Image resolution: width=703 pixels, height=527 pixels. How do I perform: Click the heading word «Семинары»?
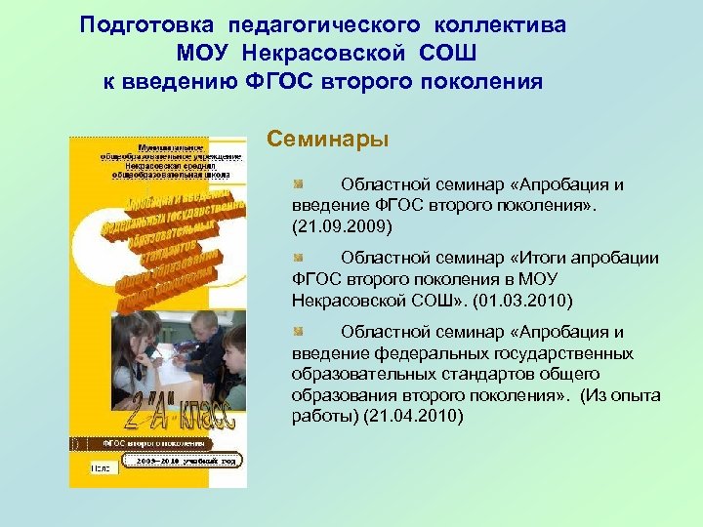[328, 140]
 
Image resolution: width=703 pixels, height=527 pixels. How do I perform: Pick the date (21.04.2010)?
[413, 416]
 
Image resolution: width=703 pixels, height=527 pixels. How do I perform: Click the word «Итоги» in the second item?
[535, 259]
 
